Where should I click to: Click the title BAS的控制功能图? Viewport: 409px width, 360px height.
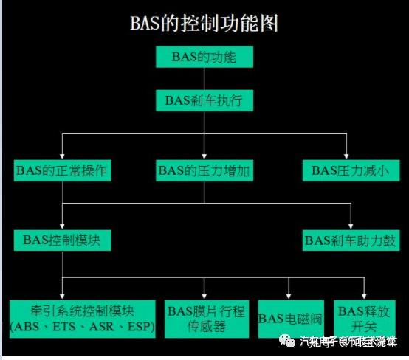point(205,22)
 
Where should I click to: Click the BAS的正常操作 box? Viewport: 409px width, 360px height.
point(62,170)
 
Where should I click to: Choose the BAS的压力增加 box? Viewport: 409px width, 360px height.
point(205,170)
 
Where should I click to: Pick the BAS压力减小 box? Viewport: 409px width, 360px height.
point(346,170)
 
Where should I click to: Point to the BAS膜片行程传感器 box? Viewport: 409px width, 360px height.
point(206,319)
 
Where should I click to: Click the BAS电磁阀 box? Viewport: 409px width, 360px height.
point(289,319)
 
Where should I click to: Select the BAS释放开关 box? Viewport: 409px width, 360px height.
point(363,319)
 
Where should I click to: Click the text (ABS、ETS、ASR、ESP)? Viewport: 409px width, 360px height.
point(82,326)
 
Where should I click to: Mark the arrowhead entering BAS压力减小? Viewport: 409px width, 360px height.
point(346,154)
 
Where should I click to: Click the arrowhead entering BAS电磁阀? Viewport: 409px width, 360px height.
point(289,295)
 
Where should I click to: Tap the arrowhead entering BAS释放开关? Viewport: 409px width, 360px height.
point(363,295)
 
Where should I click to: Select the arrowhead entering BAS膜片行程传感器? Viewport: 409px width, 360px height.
point(206,295)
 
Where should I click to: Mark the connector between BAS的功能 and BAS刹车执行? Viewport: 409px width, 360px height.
point(205,77)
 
